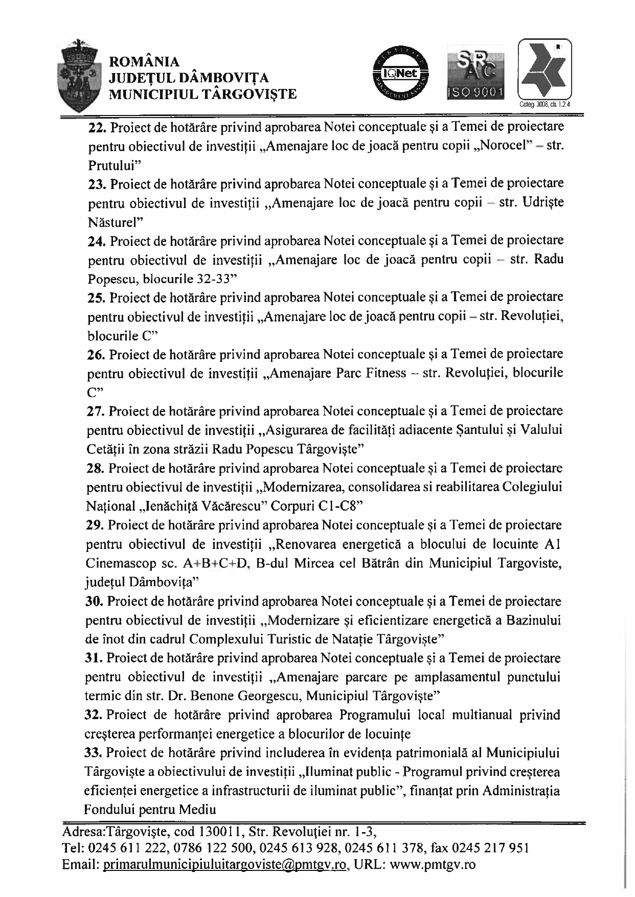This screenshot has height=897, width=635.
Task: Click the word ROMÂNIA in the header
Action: (x=145, y=62)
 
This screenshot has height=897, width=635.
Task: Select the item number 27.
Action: (x=96, y=411)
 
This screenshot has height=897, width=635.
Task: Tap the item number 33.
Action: (x=95, y=753)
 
